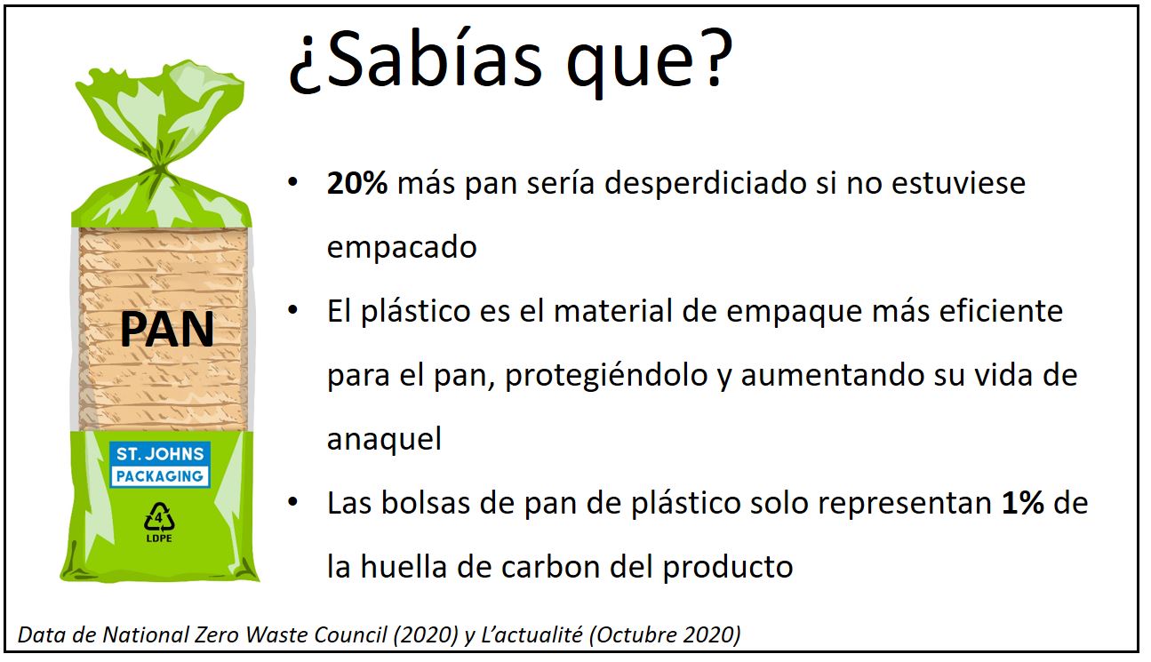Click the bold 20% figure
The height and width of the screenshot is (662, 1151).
pos(357,182)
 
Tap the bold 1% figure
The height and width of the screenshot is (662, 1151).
pos(1022,502)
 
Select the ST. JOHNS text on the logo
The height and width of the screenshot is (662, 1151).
pos(160,454)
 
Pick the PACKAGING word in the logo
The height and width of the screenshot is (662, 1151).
pos(160,476)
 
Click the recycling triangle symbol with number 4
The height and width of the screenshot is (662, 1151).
pos(159,517)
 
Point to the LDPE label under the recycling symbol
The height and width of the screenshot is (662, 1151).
pos(159,538)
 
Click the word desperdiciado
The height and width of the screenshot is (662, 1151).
pos(705,182)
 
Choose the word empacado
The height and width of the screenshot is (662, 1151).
pos(402,248)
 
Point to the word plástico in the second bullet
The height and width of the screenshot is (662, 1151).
pos(415,311)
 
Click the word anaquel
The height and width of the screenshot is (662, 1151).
pos(384,440)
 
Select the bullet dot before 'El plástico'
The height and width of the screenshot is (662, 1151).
pos(293,310)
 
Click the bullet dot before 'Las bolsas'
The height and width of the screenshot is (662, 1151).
pos(293,502)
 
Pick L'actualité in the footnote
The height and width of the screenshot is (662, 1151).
pos(532,634)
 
